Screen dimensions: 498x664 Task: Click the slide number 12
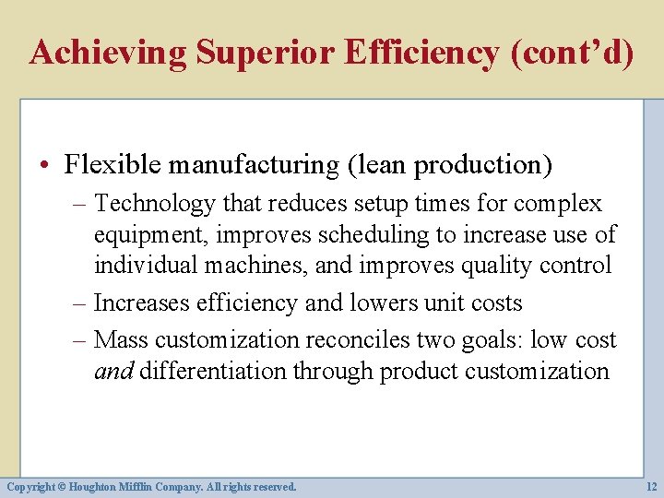click(x=652, y=486)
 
